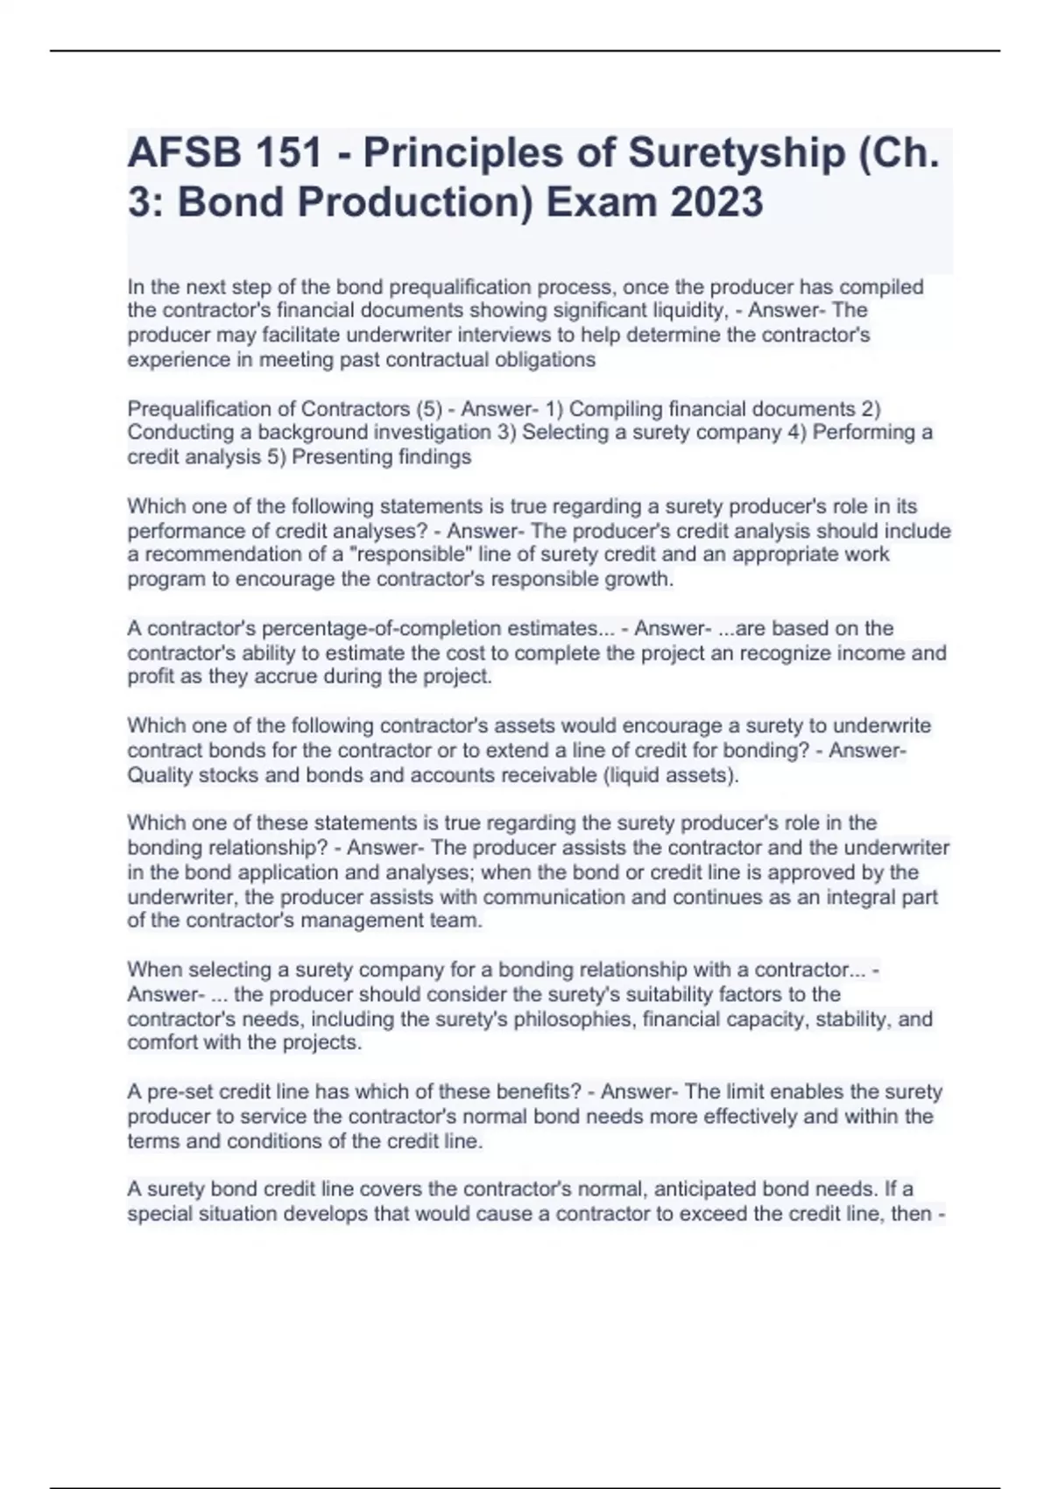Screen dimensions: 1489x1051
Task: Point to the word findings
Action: (x=434, y=457)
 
